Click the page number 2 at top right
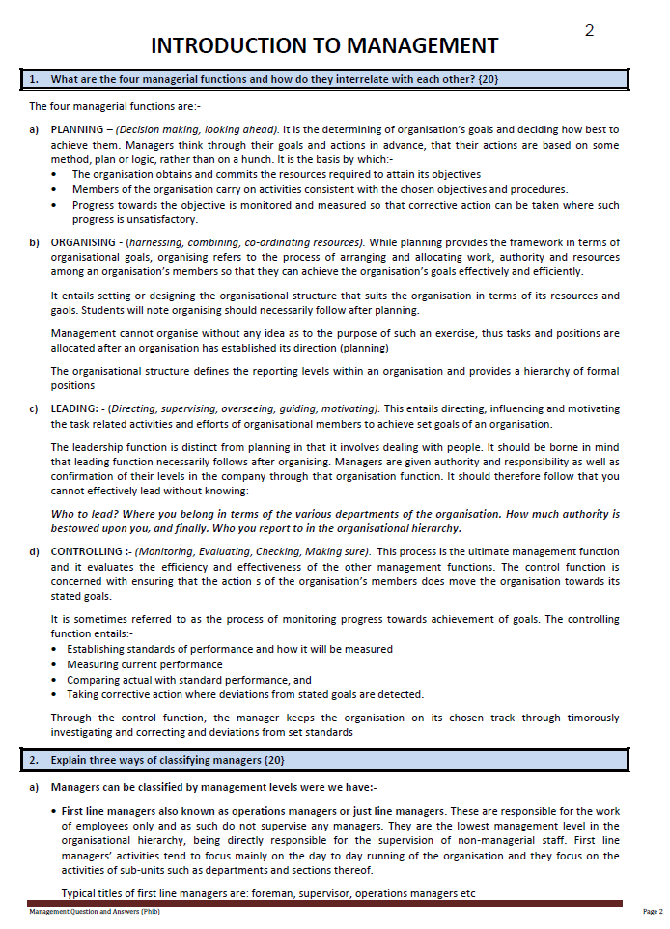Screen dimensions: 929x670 pos(589,30)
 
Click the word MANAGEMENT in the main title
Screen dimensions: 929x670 pos(418,46)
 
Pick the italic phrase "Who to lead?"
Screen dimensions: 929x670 pos(84,514)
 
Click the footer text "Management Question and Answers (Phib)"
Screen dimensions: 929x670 pos(94,912)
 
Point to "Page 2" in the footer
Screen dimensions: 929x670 pos(653,912)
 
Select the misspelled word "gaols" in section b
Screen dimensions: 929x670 pos(65,310)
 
